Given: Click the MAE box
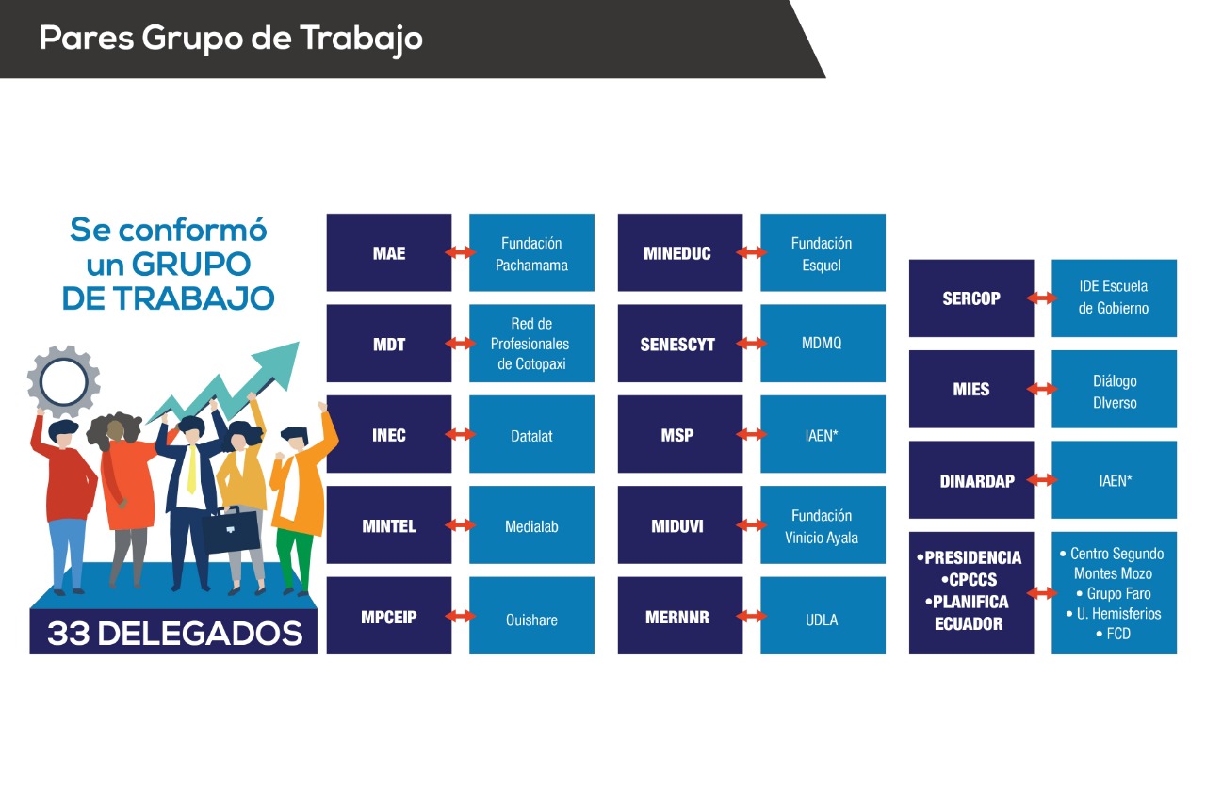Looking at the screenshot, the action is (x=389, y=252).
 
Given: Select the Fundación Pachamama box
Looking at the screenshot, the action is (x=531, y=252).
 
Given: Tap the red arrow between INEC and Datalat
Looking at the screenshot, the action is (x=461, y=434).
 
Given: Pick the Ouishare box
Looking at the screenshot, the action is (x=531, y=616).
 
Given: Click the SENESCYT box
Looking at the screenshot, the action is (x=680, y=344).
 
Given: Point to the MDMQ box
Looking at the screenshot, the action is (x=823, y=344).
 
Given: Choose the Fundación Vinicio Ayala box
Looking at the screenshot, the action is (x=823, y=524).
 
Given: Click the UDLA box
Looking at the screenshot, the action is (x=823, y=616).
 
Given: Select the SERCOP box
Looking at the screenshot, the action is (x=971, y=298).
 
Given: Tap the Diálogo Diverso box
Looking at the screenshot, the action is (x=1114, y=389).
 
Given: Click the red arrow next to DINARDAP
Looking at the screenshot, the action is (x=1042, y=479).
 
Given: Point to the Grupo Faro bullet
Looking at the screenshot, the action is (x=1114, y=593).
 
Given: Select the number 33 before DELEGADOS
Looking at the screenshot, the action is (x=69, y=633).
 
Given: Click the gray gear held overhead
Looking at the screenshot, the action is (x=63, y=381).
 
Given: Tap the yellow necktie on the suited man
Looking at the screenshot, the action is (x=191, y=469).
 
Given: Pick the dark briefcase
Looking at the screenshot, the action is (x=231, y=529).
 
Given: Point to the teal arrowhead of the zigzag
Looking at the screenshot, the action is (x=278, y=362).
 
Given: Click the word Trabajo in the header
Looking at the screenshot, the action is (x=361, y=40).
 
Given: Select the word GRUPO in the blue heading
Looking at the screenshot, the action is (x=191, y=265).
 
